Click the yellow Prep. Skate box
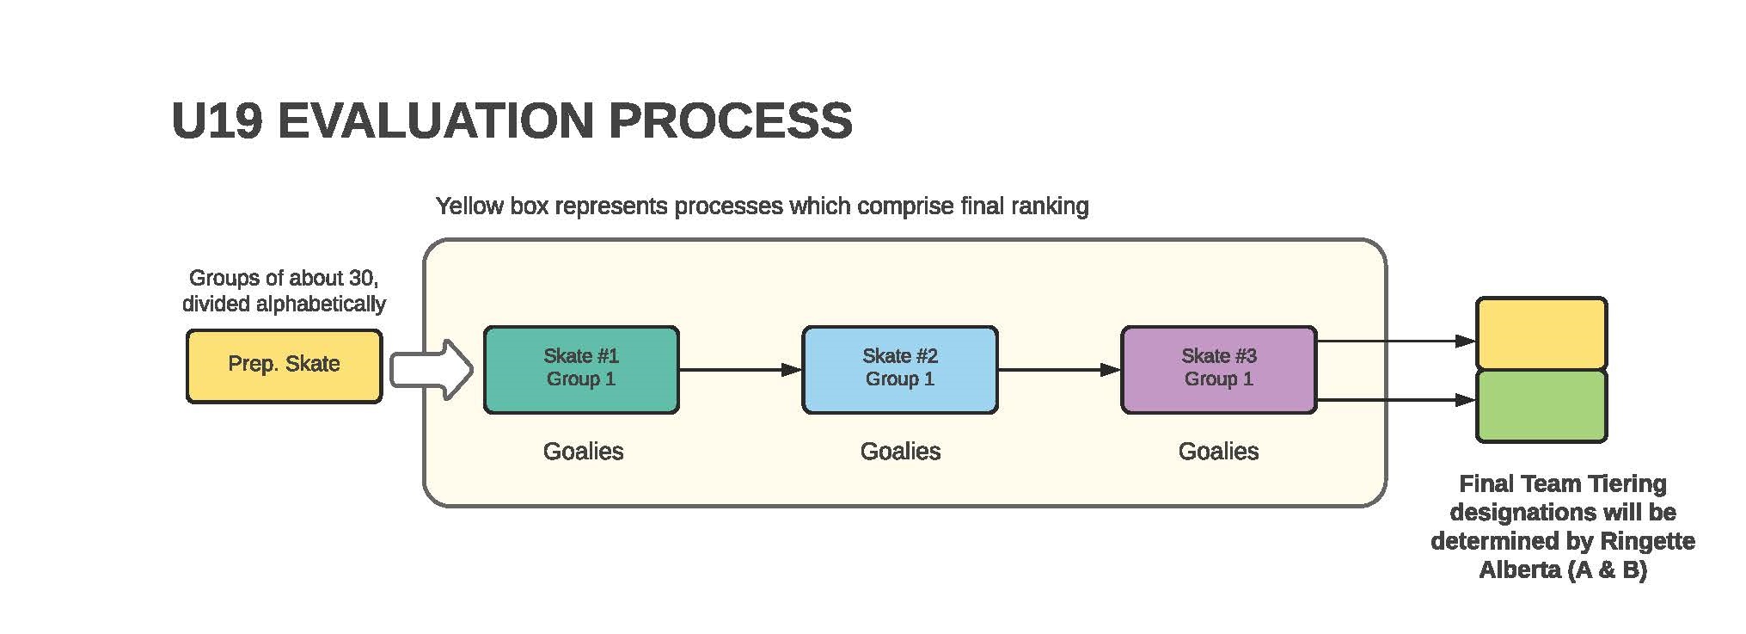284,366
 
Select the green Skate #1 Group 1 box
581,369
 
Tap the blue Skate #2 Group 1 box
900,369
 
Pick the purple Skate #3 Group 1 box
1219,369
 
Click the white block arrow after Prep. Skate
432,370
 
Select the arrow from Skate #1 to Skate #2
740,370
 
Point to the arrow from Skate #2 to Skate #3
1060,370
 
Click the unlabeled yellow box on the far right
1541,334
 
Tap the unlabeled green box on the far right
1541,406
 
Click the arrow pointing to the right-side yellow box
1397,341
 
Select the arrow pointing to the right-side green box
1397,399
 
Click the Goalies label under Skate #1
583,451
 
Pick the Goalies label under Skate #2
900,451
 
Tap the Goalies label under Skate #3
1218,451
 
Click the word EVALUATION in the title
436,120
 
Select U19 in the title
217,120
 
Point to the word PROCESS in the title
731,120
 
